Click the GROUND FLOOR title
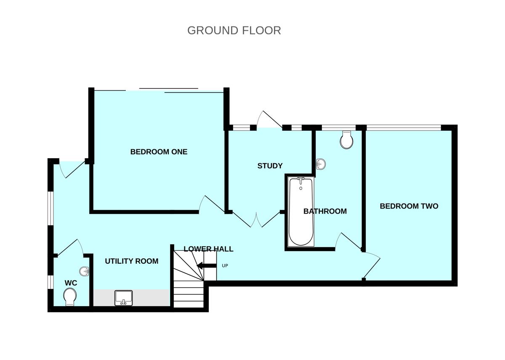pyautogui.click(x=234, y=30)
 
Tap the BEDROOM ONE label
pyautogui.click(x=159, y=152)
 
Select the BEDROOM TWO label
pyautogui.click(x=409, y=206)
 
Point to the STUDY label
pyautogui.click(x=270, y=166)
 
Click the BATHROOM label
pyautogui.click(x=325, y=211)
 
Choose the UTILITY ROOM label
pyautogui.click(x=131, y=261)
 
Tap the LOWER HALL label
pyautogui.click(x=208, y=249)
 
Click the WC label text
pyautogui.click(x=71, y=283)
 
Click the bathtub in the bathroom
pyautogui.click(x=300, y=212)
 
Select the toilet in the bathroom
pyautogui.click(x=346, y=140)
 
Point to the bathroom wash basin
pyautogui.click(x=321, y=164)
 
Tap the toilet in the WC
pyautogui.click(x=70, y=299)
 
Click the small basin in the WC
pyautogui.click(x=85, y=271)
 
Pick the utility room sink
pyautogui.click(x=123, y=298)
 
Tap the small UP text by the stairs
pyautogui.click(x=225, y=266)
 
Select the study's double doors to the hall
pyautogui.click(x=256, y=219)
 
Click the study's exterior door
pyautogui.click(x=269, y=120)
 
